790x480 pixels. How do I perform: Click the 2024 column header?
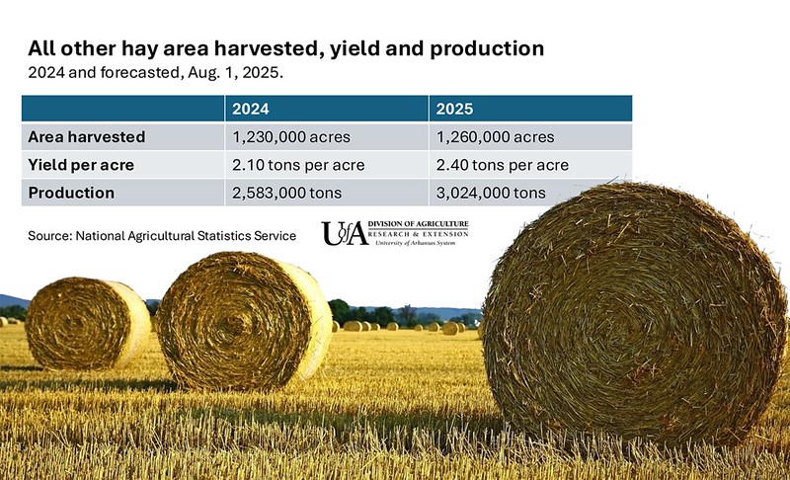pos(252,109)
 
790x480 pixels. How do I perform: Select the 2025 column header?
pos(457,109)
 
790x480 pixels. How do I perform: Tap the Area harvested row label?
pos(87,136)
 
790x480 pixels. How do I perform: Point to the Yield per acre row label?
pos(82,164)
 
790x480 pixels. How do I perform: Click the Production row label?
pos(71,193)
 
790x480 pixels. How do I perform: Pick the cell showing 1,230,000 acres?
pos(294,136)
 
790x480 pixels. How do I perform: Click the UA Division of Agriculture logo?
pos(394,232)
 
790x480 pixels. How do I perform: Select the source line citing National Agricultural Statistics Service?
pos(163,235)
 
